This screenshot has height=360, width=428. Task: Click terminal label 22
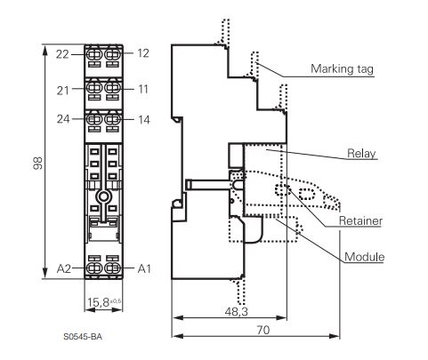click(62, 54)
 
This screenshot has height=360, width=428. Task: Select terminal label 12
click(143, 53)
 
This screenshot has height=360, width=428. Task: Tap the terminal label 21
click(62, 91)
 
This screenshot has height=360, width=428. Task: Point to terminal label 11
click(143, 89)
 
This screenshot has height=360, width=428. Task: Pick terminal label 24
click(63, 119)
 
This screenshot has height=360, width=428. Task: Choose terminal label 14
click(144, 120)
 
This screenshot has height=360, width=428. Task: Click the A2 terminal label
click(64, 268)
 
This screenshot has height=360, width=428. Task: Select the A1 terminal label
click(144, 268)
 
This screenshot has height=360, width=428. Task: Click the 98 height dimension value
click(37, 164)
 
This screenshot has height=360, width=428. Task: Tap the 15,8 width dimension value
click(98, 302)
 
